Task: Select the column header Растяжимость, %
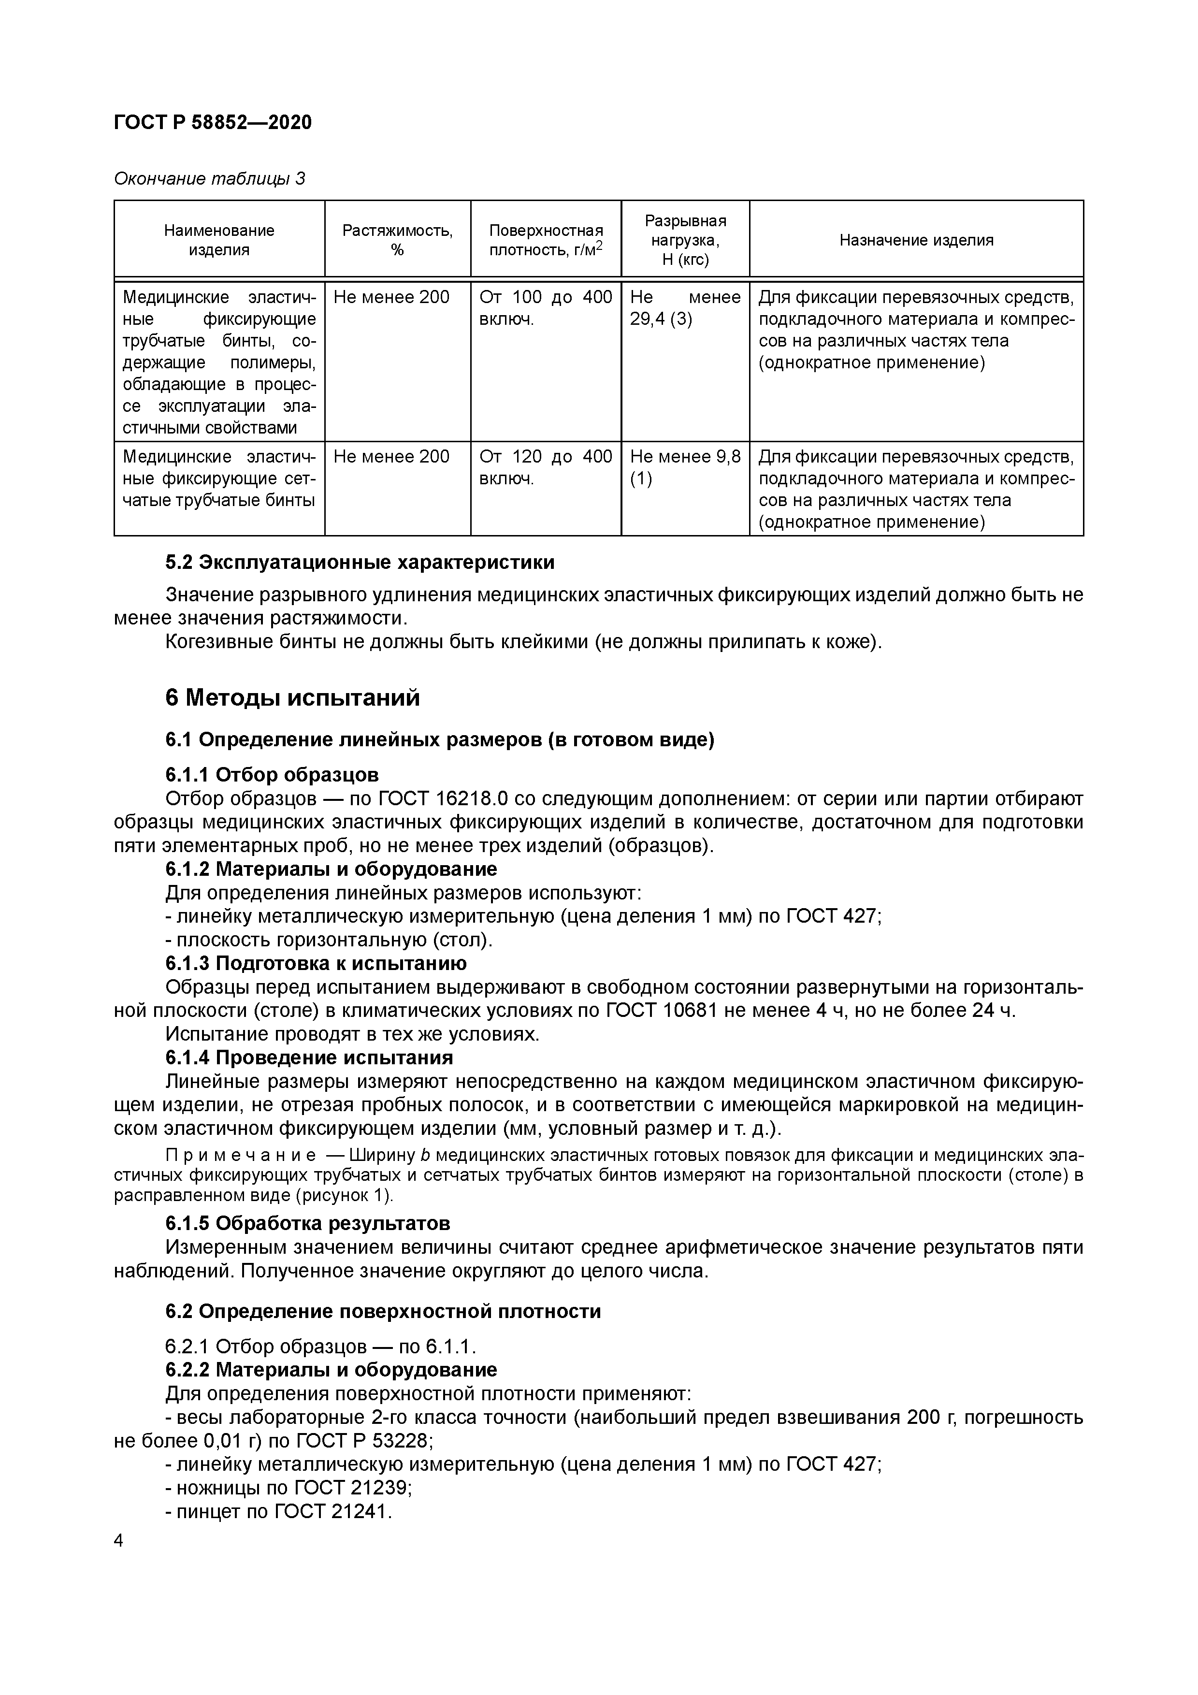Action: (x=397, y=240)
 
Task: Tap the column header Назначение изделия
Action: (x=916, y=240)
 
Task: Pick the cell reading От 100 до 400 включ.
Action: (x=546, y=308)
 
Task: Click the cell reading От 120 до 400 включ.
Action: (x=546, y=467)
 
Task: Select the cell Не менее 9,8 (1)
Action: (x=685, y=467)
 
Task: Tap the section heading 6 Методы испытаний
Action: (x=292, y=697)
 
